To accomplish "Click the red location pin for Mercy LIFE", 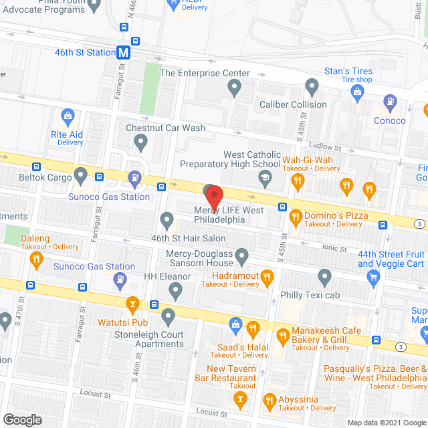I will (214, 197).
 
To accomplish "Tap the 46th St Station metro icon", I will (123, 52).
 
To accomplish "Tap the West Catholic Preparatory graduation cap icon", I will (265, 178).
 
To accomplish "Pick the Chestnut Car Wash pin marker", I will (141, 141).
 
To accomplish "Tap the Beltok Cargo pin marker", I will (81, 177).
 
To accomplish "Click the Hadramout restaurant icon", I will (266, 275).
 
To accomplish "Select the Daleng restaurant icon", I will (36, 257).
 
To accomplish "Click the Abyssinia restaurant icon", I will (270, 401).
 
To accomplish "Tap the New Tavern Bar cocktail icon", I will (239, 400).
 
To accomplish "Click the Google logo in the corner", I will (21, 419).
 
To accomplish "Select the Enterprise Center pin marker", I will (234, 86).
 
